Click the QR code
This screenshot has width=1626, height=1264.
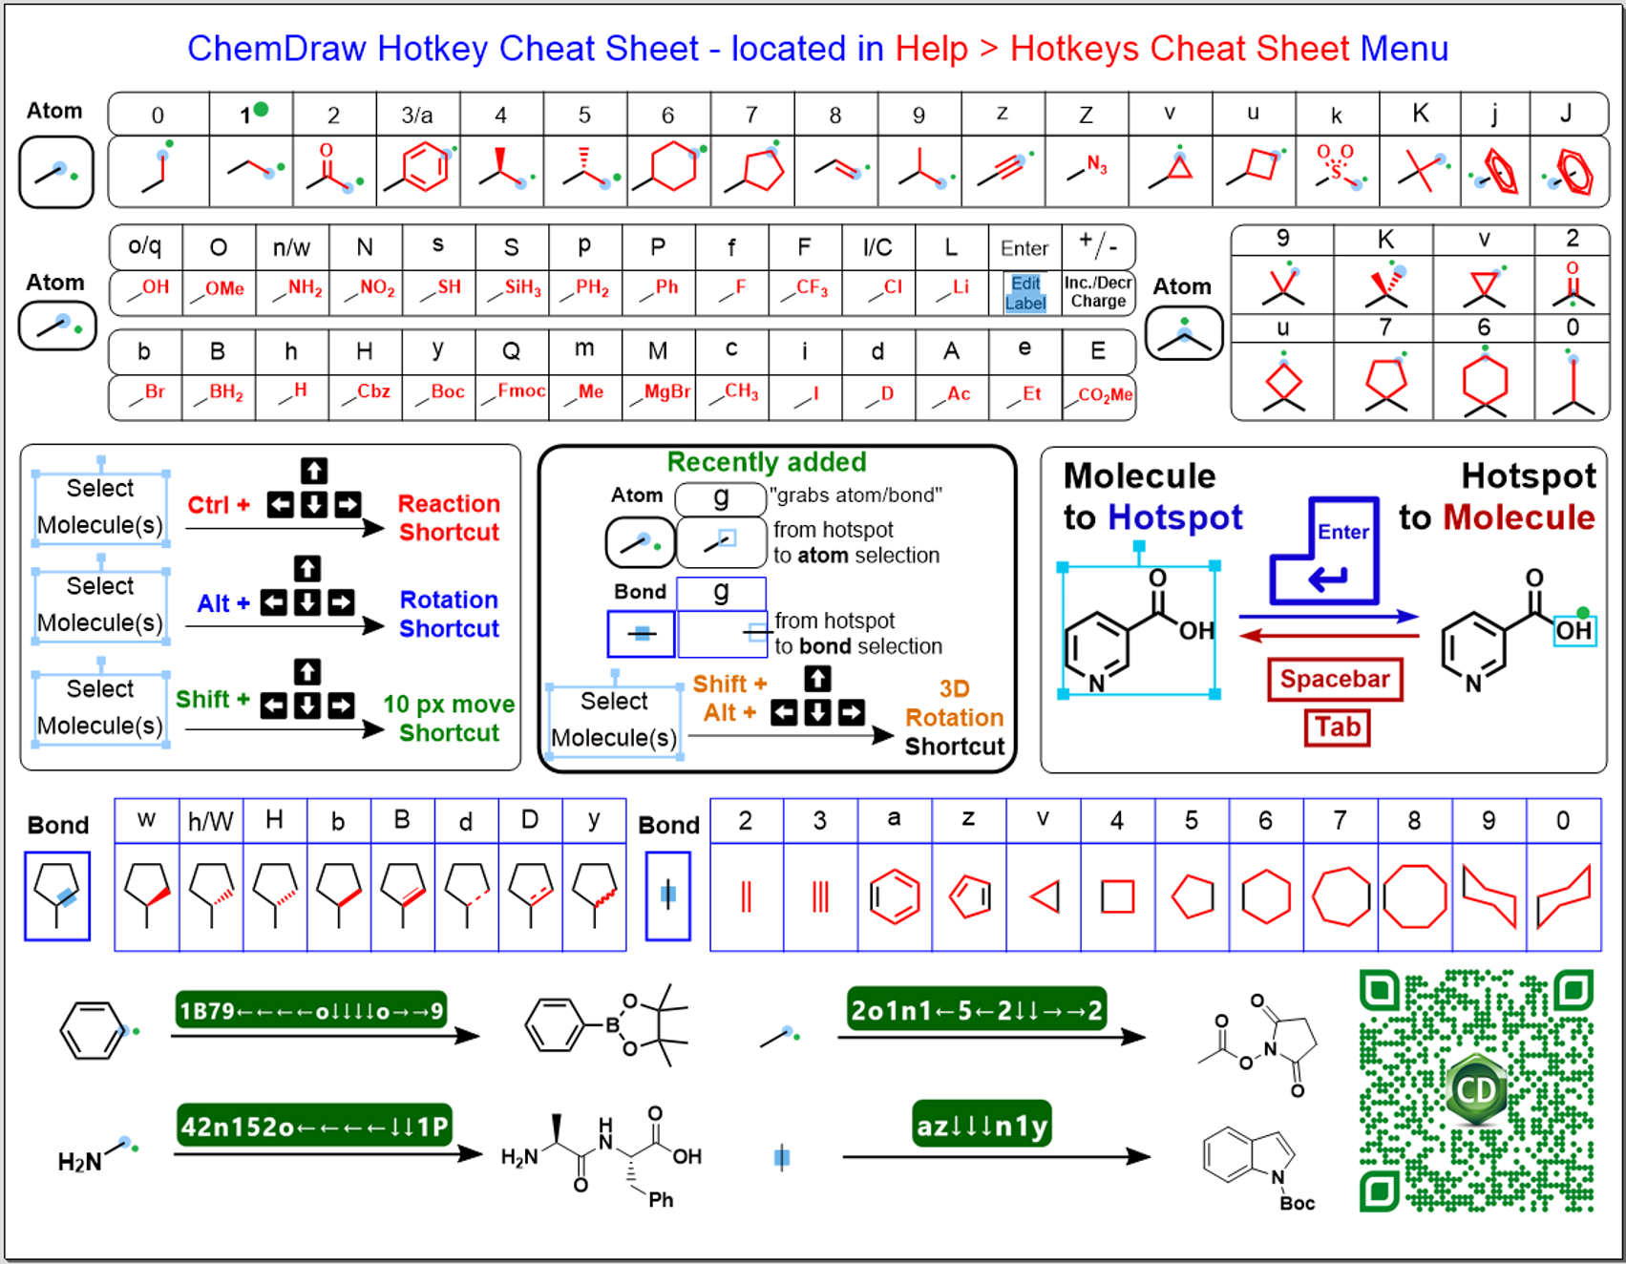click(1477, 1091)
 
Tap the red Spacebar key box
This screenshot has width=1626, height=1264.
click(1335, 679)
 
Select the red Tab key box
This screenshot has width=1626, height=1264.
click(1337, 727)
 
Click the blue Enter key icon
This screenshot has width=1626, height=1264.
click(1325, 551)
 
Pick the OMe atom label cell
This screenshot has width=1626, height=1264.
click(219, 289)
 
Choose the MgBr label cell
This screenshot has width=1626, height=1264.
click(659, 392)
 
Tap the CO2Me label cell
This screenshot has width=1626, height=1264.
click(1098, 394)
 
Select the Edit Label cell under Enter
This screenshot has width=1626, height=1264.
click(1024, 293)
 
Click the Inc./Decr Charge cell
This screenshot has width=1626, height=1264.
click(1098, 292)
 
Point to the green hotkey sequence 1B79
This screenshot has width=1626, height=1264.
click(311, 1011)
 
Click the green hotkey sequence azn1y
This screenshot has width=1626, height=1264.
click(982, 1126)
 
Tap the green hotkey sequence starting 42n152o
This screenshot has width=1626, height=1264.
click(314, 1127)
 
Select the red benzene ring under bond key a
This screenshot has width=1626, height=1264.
click(895, 897)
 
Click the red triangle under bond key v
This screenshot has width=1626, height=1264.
click(1045, 897)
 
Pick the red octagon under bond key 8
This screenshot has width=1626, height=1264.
click(1414, 897)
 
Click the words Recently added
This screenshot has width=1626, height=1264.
click(767, 462)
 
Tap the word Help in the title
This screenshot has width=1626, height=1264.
click(931, 49)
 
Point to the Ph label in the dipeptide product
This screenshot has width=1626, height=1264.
click(661, 1200)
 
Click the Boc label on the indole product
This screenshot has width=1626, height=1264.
click(1297, 1204)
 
